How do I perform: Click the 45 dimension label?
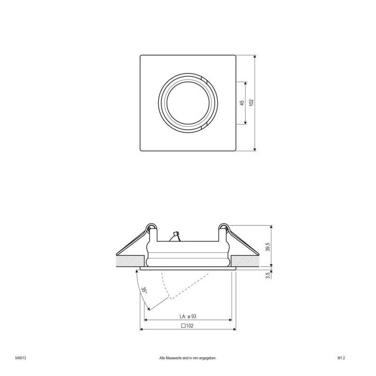pyautogui.click(x=241, y=103)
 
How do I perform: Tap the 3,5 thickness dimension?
pyautogui.click(x=267, y=275)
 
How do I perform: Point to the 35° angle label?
pyautogui.click(x=145, y=291)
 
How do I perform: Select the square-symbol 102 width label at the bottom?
pyautogui.click(x=187, y=325)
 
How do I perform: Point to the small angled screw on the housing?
pyautogui.click(x=175, y=235)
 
